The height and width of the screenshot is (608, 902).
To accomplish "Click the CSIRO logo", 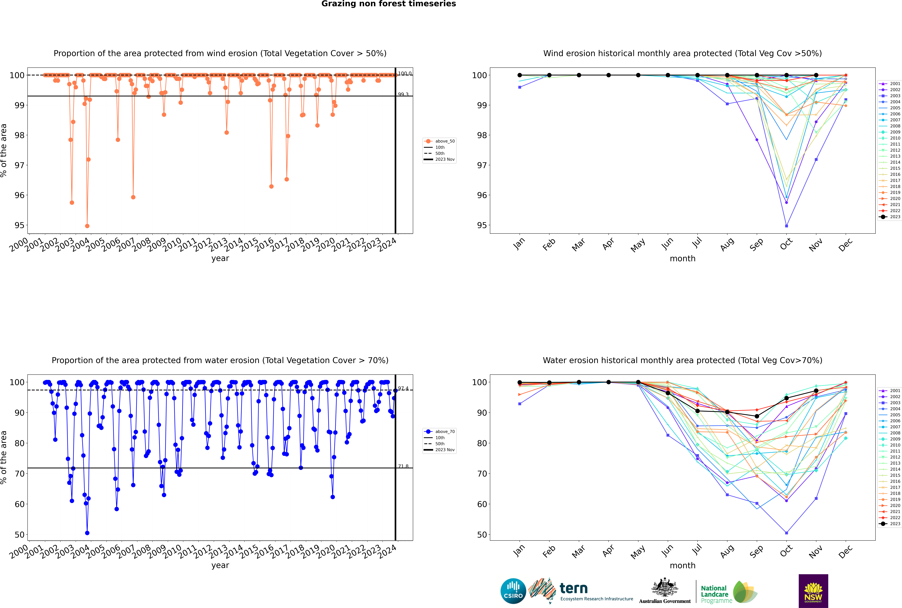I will tap(513, 591).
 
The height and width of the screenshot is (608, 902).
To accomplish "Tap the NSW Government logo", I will tap(813, 591).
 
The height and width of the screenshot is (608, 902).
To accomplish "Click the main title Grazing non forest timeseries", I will tap(389, 4).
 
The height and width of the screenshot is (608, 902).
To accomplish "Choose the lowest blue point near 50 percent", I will tap(87, 533).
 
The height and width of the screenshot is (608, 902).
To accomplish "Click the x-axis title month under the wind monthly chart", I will tap(682, 259).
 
